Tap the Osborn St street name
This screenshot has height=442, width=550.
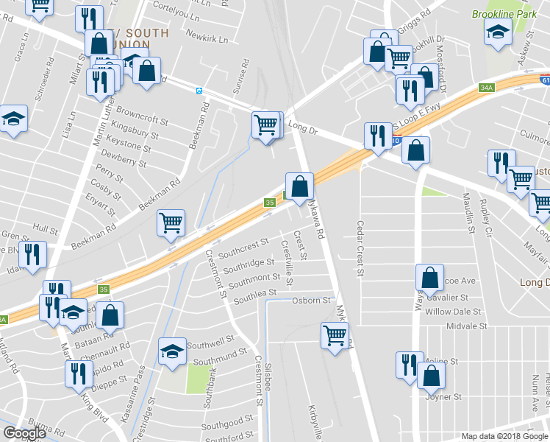pyautogui.click(x=311, y=301)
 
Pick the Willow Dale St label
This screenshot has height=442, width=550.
pyautogui.click(x=457, y=312)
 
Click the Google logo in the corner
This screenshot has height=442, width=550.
pyautogui.click(x=24, y=433)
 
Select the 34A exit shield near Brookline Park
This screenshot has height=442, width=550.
pyautogui.click(x=486, y=88)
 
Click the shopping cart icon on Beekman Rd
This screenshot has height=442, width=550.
pyautogui.click(x=171, y=222)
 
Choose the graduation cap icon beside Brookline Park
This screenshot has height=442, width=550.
pyautogui.click(x=498, y=32)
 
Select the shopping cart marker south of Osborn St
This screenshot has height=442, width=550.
pyautogui.click(x=335, y=336)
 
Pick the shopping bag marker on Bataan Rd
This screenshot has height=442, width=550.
pyautogui.click(x=110, y=315)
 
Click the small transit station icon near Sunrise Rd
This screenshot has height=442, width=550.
pyautogui.click(x=199, y=91)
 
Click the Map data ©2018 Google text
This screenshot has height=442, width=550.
pyautogui.click(x=504, y=436)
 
